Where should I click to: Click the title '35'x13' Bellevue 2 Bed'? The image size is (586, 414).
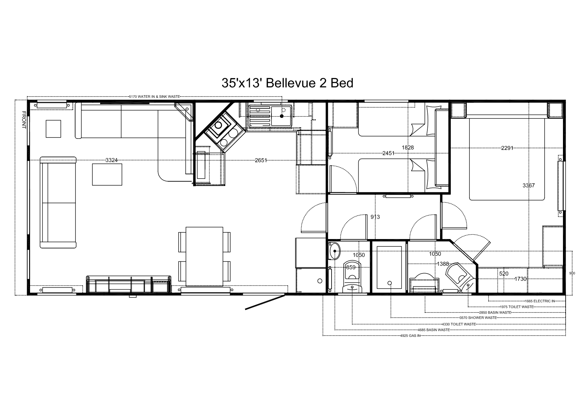point(287,83)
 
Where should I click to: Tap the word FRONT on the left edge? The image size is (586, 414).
point(24,120)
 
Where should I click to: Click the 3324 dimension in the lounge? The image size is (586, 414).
point(112,160)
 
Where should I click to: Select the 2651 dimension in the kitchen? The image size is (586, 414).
point(261,160)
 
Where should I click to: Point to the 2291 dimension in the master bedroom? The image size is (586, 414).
point(507,148)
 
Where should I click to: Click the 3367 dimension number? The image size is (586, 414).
point(529,185)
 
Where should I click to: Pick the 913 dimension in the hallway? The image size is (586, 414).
point(375,217)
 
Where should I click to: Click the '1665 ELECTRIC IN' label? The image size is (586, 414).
point(540,301)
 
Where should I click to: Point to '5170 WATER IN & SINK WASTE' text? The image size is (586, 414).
point(155,96)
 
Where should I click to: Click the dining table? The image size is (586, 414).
point(204,256)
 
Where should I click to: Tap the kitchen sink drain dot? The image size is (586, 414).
point(282,116)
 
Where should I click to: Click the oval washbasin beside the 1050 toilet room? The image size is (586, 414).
point(335,251)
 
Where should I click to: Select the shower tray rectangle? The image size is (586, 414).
point(389,267)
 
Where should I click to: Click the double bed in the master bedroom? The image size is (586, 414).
point(507,159)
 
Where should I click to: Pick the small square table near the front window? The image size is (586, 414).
point(53,129)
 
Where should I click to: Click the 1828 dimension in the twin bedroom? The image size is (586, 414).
point(408,147)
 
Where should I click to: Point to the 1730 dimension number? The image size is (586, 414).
point(521,279)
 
